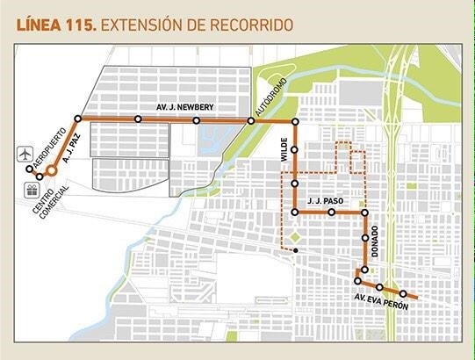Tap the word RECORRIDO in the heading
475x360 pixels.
[x=248, y=25]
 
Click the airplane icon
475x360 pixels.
[x=30, y=155]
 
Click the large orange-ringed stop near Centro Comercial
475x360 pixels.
[x=52, y=171]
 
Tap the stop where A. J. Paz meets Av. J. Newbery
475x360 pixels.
[x=78, y=119]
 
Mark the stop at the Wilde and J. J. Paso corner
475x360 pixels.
[x=296, y=212]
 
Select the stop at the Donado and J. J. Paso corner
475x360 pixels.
[x=363, y=212]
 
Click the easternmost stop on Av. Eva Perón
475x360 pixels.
[x=403, y=293]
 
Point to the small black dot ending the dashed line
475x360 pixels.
[x=296, y=251]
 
